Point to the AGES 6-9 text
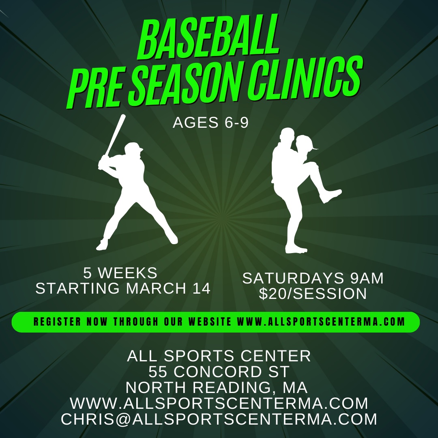210,122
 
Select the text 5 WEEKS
120,273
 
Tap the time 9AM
367,278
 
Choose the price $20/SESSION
313,294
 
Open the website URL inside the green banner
321,322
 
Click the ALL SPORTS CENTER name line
219,356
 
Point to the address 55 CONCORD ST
219,371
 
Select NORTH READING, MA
217,387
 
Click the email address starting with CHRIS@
219,419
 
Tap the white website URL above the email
219,403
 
